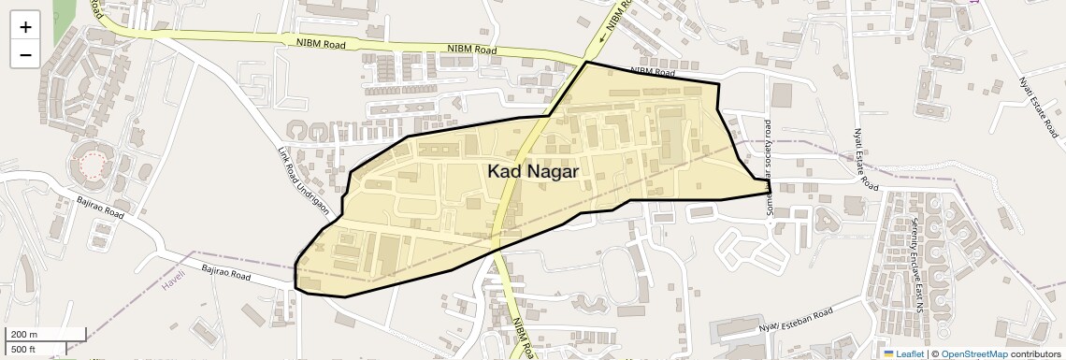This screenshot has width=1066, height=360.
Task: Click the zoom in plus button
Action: (x=25, y=27)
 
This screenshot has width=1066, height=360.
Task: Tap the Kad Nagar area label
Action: (x=533, y=171)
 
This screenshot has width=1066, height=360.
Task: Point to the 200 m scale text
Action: (x=23, y=335)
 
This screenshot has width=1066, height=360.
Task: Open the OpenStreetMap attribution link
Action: (x=973, y=353)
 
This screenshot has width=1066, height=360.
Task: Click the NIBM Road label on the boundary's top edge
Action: (x=653, y=71)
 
